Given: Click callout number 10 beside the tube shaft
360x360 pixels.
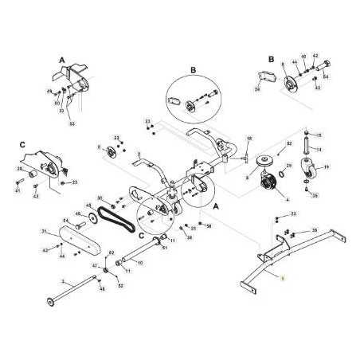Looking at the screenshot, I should click(139, 262).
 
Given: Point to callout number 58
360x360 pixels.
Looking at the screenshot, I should click(209, 226).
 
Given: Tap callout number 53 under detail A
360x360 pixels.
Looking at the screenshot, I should click(72, 124).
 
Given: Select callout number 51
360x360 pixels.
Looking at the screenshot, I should click(164, 248).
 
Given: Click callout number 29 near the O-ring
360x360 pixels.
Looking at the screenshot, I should click(289, 165).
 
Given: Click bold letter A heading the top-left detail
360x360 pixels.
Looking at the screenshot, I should click(61, 60).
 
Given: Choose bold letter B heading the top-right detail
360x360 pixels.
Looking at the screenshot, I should click(272, 59).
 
